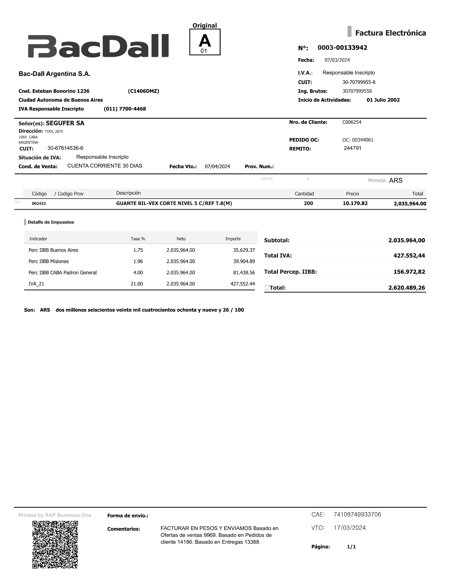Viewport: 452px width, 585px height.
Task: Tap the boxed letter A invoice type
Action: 205,42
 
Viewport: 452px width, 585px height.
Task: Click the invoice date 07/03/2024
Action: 337,60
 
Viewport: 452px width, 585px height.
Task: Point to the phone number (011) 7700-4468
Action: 125,109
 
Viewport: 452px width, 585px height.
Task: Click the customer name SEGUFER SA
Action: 65,123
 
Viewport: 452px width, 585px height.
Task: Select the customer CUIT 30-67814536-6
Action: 65,148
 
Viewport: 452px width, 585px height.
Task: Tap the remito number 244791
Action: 352,148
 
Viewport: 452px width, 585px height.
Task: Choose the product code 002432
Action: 39,204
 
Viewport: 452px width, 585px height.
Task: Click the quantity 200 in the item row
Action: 308,203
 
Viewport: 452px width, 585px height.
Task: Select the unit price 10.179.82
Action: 355,203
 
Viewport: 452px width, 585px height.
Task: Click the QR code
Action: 55,545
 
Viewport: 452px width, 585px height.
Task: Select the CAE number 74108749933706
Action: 357,515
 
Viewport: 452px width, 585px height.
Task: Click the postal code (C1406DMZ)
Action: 143,91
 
